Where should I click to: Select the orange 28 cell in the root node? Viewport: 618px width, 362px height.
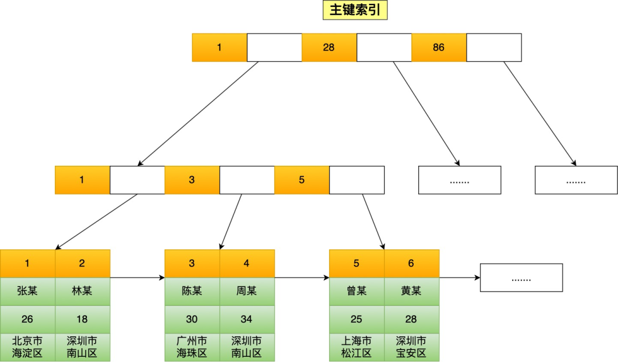[329, 47]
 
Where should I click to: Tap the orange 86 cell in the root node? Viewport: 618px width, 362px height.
[439, 47]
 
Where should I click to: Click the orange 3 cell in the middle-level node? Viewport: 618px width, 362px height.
[192, 180]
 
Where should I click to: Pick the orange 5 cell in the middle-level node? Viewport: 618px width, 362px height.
[302, 180]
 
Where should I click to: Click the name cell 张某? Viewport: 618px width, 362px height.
[27, 291]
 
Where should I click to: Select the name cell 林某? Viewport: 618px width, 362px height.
[82, 291]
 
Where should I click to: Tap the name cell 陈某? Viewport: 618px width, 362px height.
[192, 291]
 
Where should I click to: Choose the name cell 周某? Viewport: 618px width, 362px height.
[247, 291]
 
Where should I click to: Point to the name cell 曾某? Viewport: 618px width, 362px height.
[356, 291]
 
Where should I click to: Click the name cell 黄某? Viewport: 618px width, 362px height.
[411, 291]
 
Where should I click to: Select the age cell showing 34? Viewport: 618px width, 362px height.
[247, 319]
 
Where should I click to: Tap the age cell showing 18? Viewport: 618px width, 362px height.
[82, 319]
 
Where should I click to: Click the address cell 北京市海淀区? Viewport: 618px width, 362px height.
[27, 347]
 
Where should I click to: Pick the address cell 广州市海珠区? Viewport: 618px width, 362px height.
[192, 347]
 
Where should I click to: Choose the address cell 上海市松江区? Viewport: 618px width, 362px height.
[356, 347]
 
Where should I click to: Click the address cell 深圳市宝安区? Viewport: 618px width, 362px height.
[411, 347]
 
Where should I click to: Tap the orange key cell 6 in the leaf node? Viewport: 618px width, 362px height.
[411, 264]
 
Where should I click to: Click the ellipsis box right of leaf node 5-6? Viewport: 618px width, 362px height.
[521, 277]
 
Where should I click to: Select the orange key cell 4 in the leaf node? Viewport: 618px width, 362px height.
[247, 264]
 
